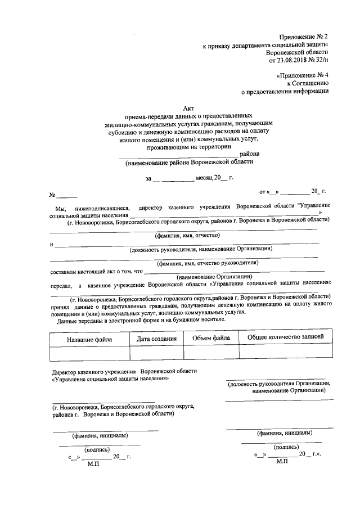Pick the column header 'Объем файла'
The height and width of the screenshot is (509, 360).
[x=211, y=338]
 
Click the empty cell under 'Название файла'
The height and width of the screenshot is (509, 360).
[x=89, y=353]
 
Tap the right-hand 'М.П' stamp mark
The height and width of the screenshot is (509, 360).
[x=282, y=461]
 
